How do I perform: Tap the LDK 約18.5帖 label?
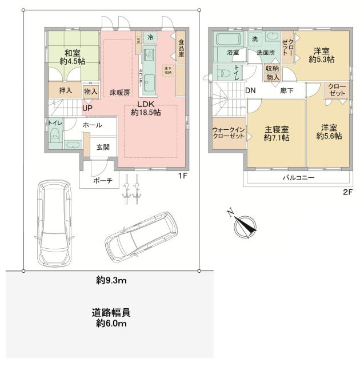(145, 108)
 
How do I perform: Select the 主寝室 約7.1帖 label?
(276, 133)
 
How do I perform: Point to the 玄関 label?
(103, 146)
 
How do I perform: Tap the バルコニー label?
(298, 178)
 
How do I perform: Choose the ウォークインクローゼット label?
(227, 133)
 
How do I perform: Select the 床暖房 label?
(120, 92)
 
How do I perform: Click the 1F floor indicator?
(182, 176)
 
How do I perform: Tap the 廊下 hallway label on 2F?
(287, 91)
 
